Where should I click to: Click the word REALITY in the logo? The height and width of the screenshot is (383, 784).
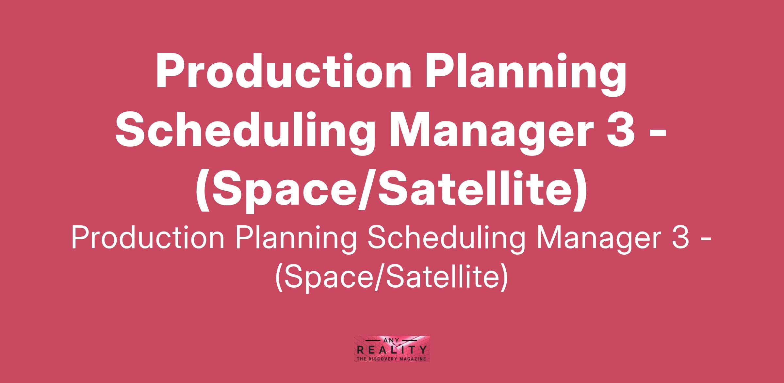click(x=392, y=350)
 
